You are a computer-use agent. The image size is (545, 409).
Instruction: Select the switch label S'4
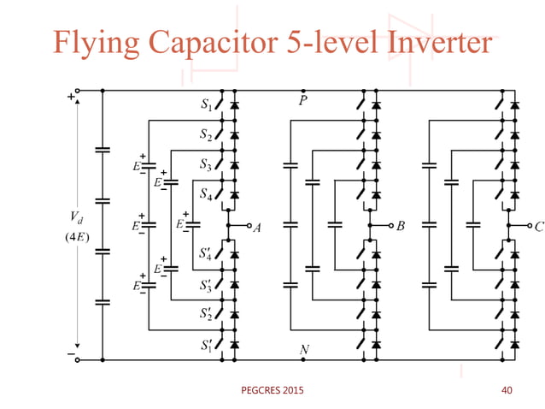pos(206,255)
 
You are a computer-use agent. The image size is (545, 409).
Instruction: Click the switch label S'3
pos(206,284)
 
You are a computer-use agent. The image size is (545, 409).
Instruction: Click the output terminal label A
pos(256,228)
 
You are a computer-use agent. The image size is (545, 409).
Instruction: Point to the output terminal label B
pos(401,228)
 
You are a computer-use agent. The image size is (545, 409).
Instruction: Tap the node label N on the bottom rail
pos(303,349)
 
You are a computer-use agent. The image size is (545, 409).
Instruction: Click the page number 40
pos(506,391)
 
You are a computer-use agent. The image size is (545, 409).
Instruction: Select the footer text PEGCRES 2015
pos(271,391)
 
